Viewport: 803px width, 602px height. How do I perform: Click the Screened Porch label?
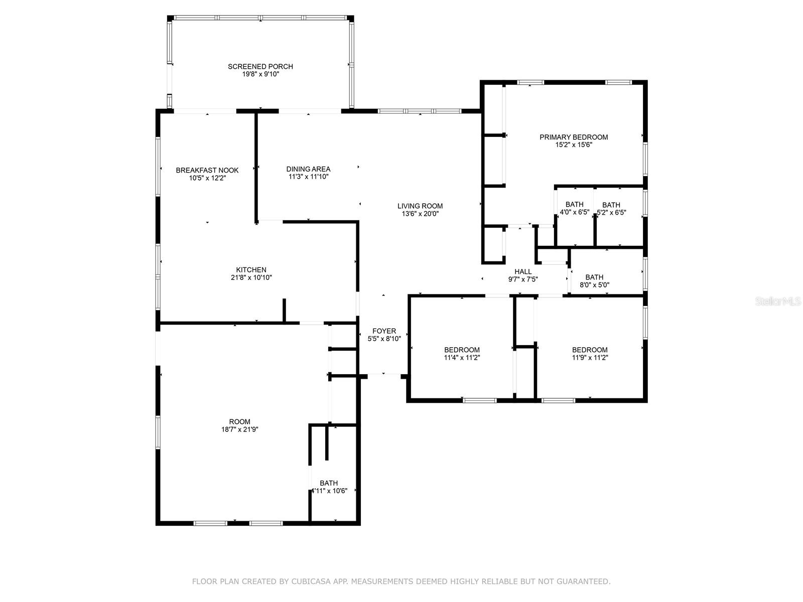pos(260,67)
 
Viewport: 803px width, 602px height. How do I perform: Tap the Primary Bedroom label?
pos(573,137)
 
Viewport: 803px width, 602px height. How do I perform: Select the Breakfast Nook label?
pos(207,171)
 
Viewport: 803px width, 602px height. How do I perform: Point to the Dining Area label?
pos(308,169)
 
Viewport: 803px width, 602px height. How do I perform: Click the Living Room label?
pos(420,206)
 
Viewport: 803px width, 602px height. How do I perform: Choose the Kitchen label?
pos(251,270)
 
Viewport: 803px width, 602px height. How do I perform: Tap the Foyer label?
pos(384,331)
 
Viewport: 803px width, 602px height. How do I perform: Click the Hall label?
pos(523,271)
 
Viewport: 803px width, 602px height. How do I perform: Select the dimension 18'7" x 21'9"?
pos(239,429)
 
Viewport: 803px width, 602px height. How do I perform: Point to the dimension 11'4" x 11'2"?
pos(462,358)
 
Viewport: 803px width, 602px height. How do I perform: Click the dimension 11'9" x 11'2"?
pos(590,358)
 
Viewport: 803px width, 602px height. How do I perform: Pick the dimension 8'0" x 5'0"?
pos(594,285)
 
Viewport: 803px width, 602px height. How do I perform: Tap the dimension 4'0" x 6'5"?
pos(574,212)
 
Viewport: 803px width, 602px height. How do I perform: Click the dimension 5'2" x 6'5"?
pos(611,213)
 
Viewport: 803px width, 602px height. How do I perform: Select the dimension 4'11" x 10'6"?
pos(329,491)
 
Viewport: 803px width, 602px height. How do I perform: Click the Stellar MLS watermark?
pos(778,302)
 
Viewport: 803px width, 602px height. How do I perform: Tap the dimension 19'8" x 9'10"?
pos(260,74)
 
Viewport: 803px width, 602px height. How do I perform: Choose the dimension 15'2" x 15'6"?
pos(574,145)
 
